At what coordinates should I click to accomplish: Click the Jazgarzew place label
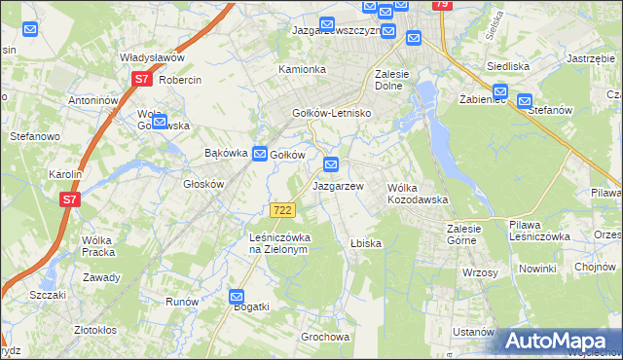[x=338, y=185]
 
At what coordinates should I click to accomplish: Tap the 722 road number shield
[x=282, y=210]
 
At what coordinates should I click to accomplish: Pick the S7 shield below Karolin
[x=68, y=200]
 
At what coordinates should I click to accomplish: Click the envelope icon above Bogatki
[x=237, y=296]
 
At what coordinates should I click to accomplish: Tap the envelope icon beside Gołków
[x=260, y=154]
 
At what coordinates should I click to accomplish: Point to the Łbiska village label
[x=365, y=243]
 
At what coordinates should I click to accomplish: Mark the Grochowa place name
[x=325, y=338]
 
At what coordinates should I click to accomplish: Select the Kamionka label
[x=302, y=70]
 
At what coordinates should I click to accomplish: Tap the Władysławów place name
[x=152, y=57]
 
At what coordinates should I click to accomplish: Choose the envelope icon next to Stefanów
[x=526, y=99]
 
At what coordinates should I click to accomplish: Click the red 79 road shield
[x=443, y=5]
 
